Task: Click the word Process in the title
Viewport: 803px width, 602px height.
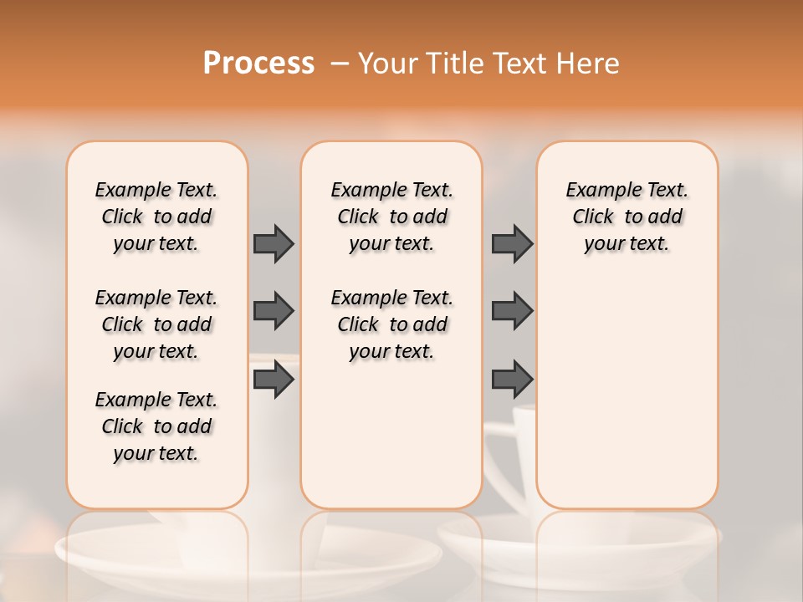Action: (258, 63)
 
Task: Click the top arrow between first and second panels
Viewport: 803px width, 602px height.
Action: (274, 243)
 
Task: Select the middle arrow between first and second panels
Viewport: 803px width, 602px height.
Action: (274, 311)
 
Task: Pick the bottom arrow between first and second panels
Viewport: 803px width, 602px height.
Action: (274, 380)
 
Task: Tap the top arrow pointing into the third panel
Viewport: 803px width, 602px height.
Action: (512, 243)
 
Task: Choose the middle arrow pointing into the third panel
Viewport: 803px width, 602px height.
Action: (512, 311)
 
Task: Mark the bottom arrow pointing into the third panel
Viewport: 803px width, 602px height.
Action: (512, 380)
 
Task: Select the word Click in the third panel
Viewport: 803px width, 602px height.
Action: (593, 217)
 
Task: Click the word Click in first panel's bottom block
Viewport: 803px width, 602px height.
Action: (122, 426)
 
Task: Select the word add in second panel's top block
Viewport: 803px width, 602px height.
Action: (431, 217)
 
